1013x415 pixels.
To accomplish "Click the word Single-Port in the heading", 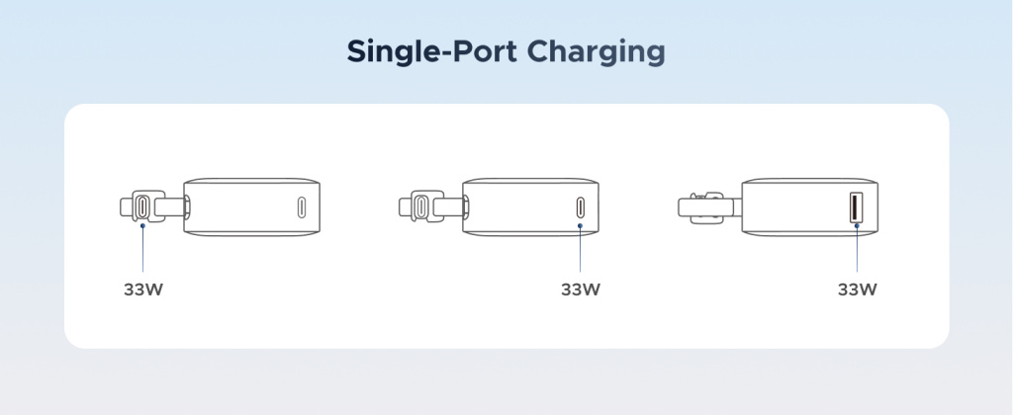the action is click(431, 51).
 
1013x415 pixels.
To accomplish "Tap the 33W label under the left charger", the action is click(143, 290).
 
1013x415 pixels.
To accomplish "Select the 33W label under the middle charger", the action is click(581, 290).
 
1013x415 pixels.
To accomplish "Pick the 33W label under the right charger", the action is click(858, 290).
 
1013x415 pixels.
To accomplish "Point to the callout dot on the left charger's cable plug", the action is click(142, 226).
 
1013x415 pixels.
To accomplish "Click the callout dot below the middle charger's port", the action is click(580, 226).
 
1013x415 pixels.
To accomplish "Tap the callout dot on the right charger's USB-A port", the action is click(858, 226).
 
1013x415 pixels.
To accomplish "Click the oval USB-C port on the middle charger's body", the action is click(580, 207).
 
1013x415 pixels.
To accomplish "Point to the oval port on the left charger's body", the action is click(301, 207).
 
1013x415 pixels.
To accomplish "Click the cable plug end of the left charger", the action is click(142, 207).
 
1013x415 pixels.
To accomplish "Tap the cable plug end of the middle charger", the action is click(421, 207).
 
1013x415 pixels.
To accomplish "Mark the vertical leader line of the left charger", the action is click(142, 250).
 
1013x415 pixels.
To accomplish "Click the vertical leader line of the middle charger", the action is click(580, 250).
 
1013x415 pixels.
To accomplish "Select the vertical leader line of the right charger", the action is click(858, 250).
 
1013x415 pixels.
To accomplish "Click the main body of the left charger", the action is click(252, 207).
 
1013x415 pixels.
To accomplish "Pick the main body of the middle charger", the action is click(531, 207).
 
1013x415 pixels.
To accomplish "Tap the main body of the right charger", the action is click(810, 207).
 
